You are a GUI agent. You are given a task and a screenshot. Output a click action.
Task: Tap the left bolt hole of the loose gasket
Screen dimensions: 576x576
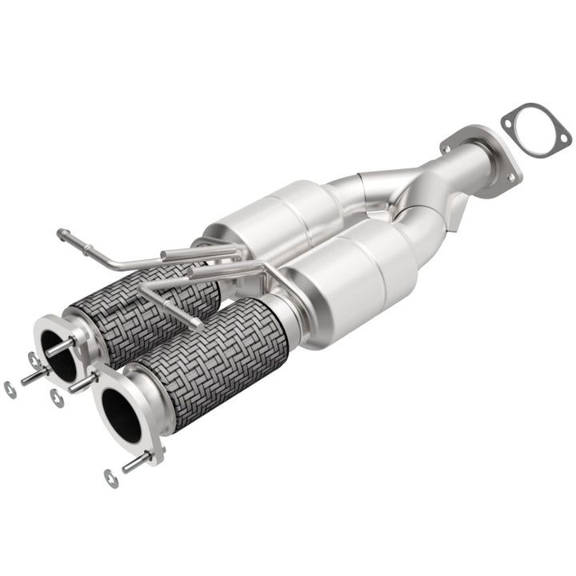509,121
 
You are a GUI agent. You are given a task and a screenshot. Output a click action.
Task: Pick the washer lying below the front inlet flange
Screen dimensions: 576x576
110,478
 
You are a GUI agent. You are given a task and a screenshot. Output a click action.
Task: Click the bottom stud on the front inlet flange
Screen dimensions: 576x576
138,462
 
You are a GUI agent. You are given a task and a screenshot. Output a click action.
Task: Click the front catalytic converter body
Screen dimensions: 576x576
352,280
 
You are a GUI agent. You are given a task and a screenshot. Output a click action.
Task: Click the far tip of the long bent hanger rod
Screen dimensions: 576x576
62,234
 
